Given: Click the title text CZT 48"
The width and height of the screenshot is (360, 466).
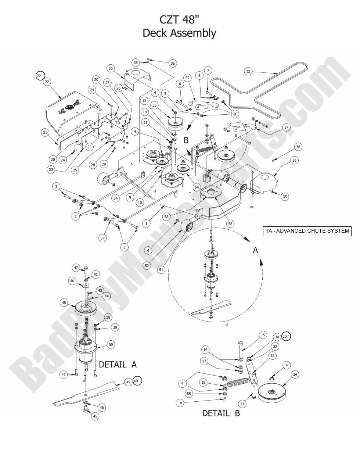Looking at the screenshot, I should coord(179,19).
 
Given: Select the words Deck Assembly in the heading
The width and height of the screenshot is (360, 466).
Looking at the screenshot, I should coord(179,33).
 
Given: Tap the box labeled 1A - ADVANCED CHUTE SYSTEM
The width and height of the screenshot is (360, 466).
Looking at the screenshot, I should coord(307,231).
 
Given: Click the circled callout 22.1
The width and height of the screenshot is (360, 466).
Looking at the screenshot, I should coord(40,76).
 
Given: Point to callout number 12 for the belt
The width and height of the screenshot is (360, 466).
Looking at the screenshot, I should coord(248,71).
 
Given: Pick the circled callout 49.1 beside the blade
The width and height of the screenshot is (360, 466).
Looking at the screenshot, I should coord(137,381).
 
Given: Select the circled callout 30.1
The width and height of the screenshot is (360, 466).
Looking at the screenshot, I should coord(286,337).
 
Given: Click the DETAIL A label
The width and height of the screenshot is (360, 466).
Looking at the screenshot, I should coord(118,364).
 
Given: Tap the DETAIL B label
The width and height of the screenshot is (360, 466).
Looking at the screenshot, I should coord(221,413).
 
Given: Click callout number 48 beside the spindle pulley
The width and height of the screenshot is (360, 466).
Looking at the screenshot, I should coord(64,303).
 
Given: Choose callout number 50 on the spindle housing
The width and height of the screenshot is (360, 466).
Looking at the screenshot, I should coord(111,344).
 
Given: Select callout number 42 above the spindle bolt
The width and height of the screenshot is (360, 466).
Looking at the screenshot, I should coord(76,268).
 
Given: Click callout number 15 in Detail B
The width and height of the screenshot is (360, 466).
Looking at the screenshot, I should coord(263,335).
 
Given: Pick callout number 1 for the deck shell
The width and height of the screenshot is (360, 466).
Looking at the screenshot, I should coord(147,223).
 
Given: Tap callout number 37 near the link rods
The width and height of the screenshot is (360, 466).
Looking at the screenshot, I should coord(102,238).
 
